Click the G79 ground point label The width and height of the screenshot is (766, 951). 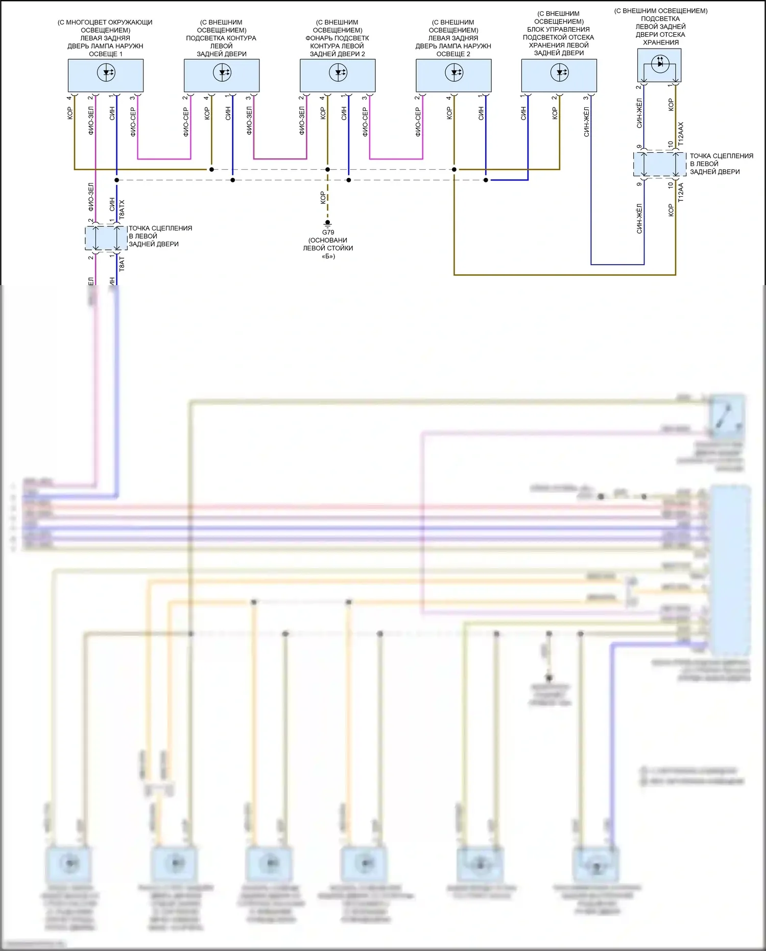328,233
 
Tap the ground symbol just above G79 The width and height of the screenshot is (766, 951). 328,223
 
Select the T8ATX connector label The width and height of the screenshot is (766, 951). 122,210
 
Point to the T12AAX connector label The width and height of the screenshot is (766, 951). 680,132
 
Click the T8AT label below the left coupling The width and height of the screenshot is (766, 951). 122,264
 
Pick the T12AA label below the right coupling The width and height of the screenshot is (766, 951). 680,193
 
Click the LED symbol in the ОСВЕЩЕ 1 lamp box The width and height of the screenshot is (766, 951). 106,73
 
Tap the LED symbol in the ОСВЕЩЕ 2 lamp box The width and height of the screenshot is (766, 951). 454,73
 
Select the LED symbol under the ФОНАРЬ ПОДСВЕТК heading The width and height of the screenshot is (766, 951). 338,73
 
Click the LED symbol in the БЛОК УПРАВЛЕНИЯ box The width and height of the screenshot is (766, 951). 560,73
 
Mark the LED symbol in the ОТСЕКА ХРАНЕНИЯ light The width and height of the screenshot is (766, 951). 660,64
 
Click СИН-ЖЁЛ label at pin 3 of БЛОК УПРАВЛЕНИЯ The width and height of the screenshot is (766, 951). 587,122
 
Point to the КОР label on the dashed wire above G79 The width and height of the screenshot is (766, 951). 323,198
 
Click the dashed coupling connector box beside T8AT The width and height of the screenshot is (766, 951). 106,238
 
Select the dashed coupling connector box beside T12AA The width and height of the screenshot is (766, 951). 660,164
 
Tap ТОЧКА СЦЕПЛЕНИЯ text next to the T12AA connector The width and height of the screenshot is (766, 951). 721,156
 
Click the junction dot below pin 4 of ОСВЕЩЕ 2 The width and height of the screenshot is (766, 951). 454,169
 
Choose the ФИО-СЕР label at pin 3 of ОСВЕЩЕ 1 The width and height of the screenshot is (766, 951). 133,122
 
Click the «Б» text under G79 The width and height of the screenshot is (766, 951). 328,256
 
